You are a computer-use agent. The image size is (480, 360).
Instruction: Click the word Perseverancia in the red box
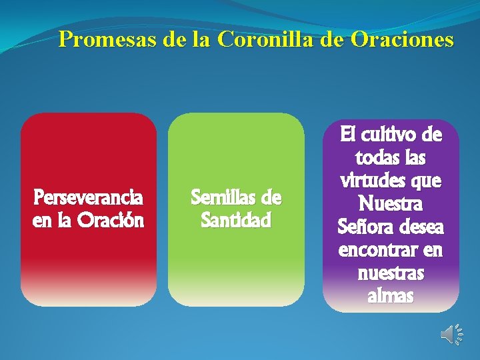pos(88,198)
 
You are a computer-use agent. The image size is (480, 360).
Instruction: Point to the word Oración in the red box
pos(111,220)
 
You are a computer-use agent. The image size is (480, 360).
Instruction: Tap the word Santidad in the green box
pos(236,220)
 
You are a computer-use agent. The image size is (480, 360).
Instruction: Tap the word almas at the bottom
pos(390,296)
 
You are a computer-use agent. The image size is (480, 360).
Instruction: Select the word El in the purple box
pos(349,135)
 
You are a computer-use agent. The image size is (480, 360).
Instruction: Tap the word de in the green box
pos(271,198)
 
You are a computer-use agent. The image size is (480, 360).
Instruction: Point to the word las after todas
pos(413,159)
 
